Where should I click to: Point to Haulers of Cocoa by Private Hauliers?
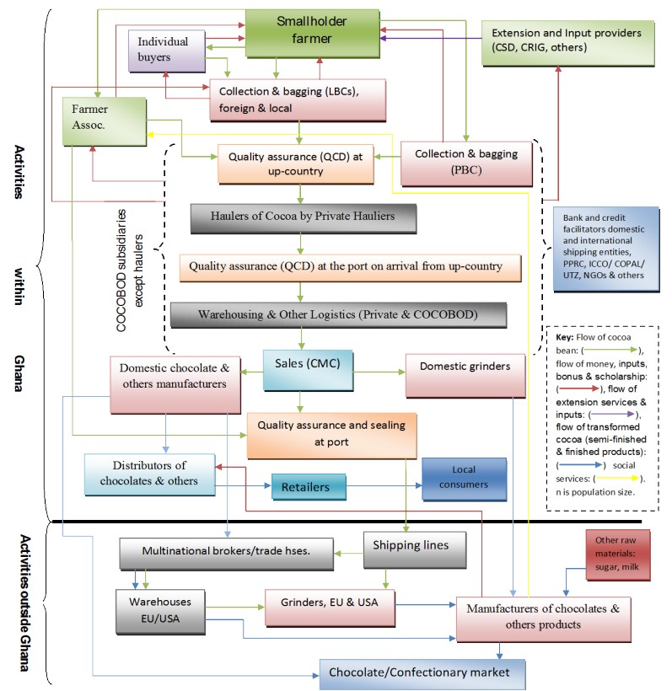(x=304, y=217)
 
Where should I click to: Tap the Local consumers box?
(x=464, y=478)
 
